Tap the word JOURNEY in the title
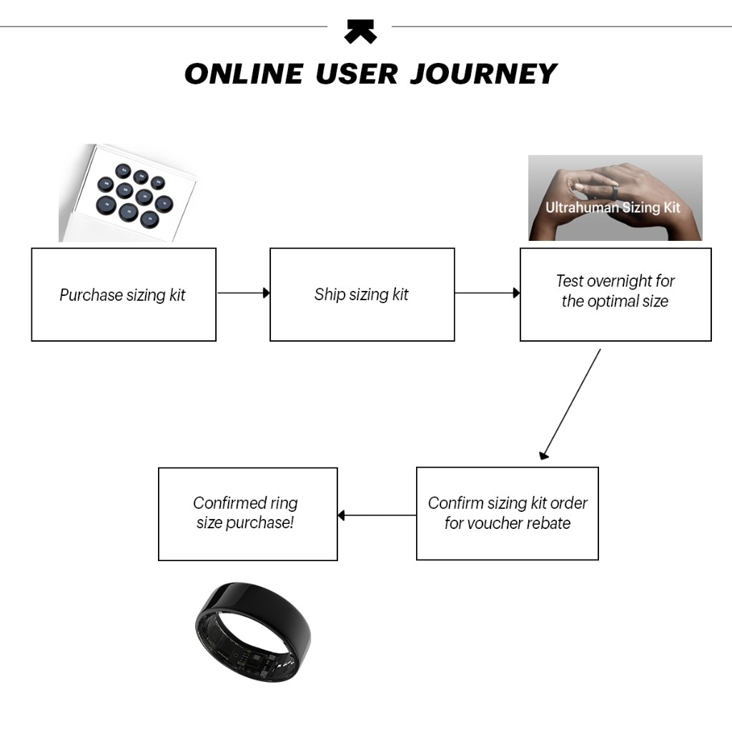click(483, 74)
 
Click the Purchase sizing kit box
click(123, 295)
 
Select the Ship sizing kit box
click(362, 295)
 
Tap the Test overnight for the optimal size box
click(615, 295)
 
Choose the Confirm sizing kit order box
click(507, 513)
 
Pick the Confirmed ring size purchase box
click(247, 513)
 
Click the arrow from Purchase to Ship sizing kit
click(243, 293)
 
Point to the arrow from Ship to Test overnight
click(487, 293)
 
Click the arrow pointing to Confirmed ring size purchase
click(377, 515)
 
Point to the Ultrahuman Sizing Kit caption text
click(613, 208)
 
